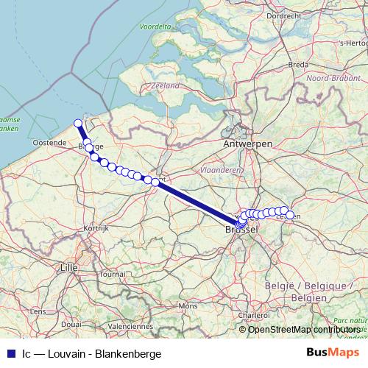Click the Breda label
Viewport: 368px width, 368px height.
298,65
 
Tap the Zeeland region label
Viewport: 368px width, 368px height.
165,86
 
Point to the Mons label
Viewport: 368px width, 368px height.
188,305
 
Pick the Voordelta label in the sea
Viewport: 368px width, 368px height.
155,26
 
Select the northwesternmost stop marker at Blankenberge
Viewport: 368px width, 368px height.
78,124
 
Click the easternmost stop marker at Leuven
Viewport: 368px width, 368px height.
290,216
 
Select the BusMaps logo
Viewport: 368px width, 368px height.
328,353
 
